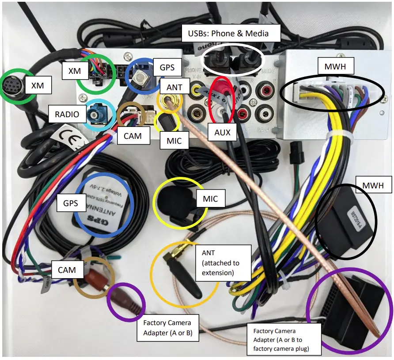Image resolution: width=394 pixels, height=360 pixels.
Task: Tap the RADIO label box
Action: (x=67, y=115)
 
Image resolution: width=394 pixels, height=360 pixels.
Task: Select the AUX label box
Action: (x=222, y=132)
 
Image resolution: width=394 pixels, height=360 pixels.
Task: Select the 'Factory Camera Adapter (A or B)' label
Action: (x=170, y=328)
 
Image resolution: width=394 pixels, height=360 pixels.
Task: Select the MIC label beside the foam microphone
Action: (x=210, y=199)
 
